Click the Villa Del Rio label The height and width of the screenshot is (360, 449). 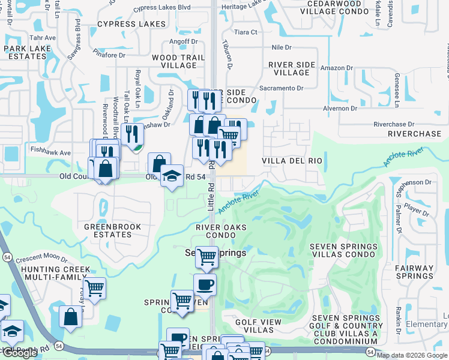point(292,161)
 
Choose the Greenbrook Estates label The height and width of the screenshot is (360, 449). point(112,230)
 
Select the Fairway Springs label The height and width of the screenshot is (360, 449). point(414,272)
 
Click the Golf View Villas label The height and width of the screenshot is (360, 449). point(258,326)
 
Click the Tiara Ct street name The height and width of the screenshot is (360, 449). point(246,32)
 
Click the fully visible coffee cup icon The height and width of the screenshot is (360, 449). point(205,284)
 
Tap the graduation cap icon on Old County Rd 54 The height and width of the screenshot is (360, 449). point(172,176)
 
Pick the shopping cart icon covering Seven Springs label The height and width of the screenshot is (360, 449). point(207,256)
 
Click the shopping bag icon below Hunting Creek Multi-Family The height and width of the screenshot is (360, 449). point(70,317)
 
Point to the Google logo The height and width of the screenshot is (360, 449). point(20,353)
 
